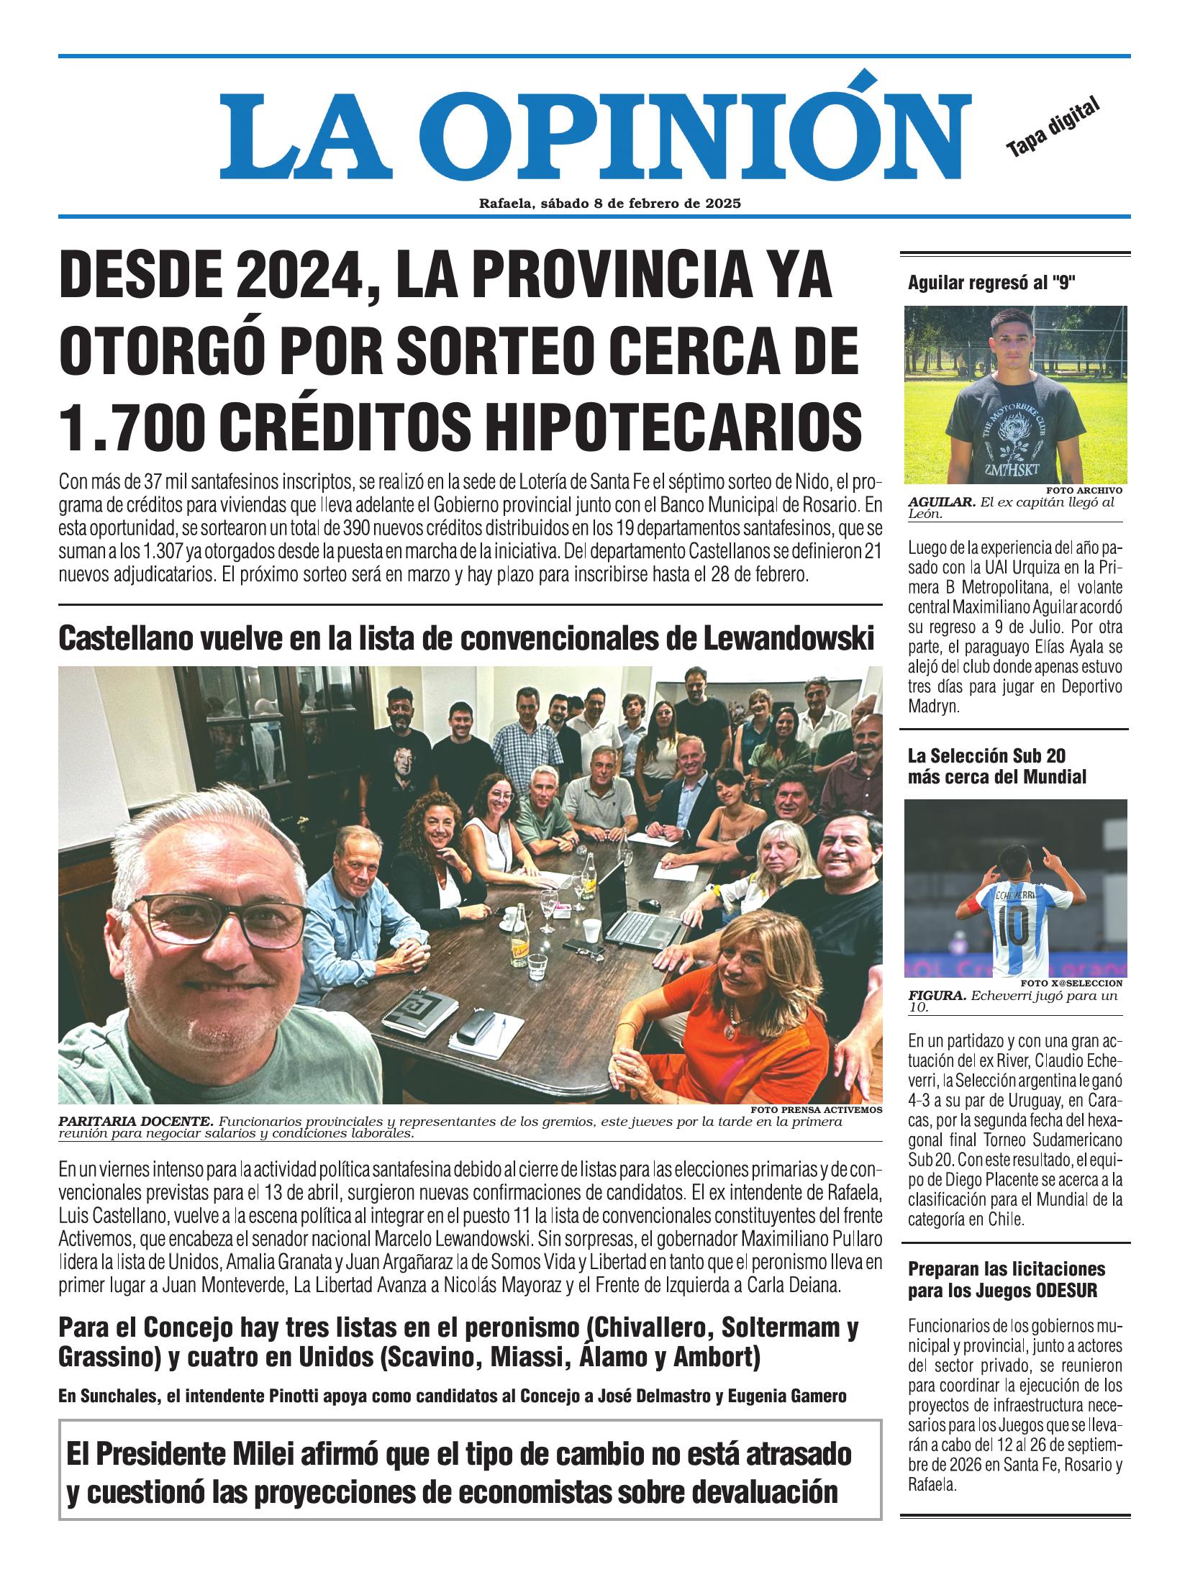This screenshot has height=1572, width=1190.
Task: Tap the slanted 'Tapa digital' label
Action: [1053, 127]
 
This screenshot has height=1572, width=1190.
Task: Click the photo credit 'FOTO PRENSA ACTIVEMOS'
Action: [816, 1109]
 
